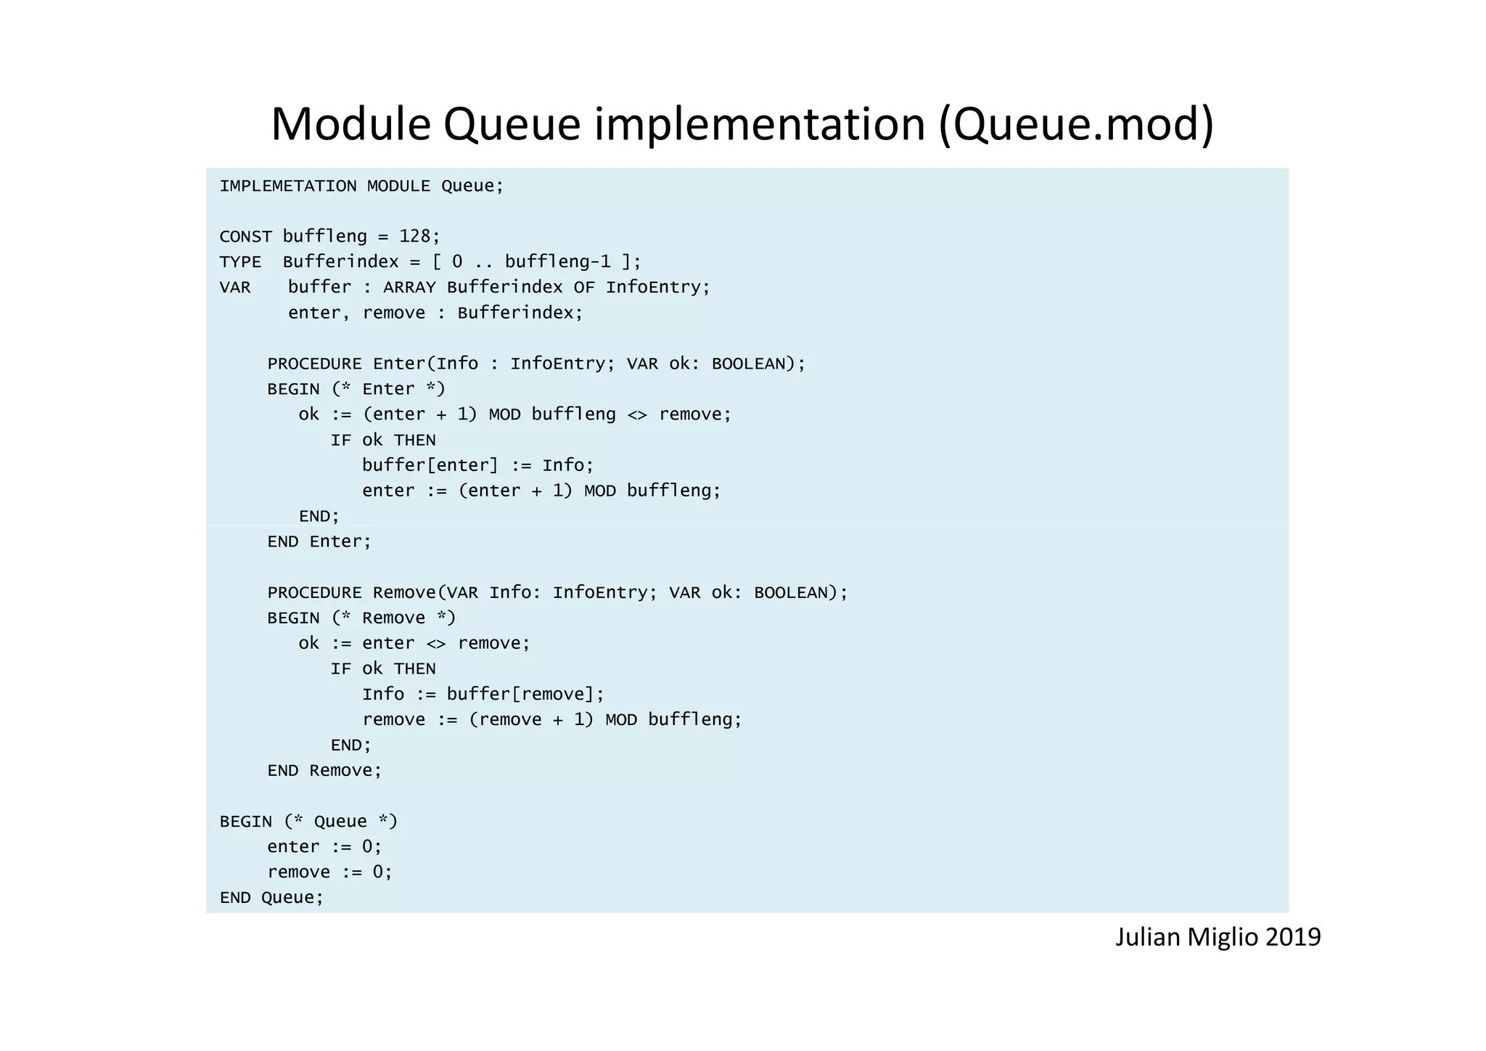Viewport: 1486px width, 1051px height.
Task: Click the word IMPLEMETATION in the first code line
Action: point(288,187)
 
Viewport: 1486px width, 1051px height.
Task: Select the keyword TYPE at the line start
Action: point(240,262)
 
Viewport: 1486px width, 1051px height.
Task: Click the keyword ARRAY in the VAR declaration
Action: point(409,287)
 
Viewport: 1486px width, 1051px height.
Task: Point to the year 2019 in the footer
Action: point(1293,937)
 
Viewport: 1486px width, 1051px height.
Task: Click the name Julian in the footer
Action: point(1148,937)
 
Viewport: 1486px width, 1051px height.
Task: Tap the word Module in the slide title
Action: point(351,123)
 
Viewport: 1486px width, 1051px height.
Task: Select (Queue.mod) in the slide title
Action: point(1076,125)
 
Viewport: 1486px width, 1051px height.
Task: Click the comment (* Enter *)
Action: point(388,389)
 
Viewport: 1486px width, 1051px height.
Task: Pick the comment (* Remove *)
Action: point(393,618)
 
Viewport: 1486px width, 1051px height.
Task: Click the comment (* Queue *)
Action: point(340,822)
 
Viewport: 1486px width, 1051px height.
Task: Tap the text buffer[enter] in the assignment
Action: point(430,465)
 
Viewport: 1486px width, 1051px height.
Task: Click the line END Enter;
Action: point(319,542)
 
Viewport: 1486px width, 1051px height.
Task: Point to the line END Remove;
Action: point(324,771)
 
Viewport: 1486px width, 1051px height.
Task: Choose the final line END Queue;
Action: point(271,898)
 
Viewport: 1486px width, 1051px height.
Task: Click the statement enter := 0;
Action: point(324,847)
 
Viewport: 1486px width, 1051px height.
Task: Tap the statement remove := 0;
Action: point(329,872)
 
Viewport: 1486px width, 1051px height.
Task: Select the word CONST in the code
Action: point(245,237)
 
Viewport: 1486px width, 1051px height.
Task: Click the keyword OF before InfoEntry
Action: point(584,287)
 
